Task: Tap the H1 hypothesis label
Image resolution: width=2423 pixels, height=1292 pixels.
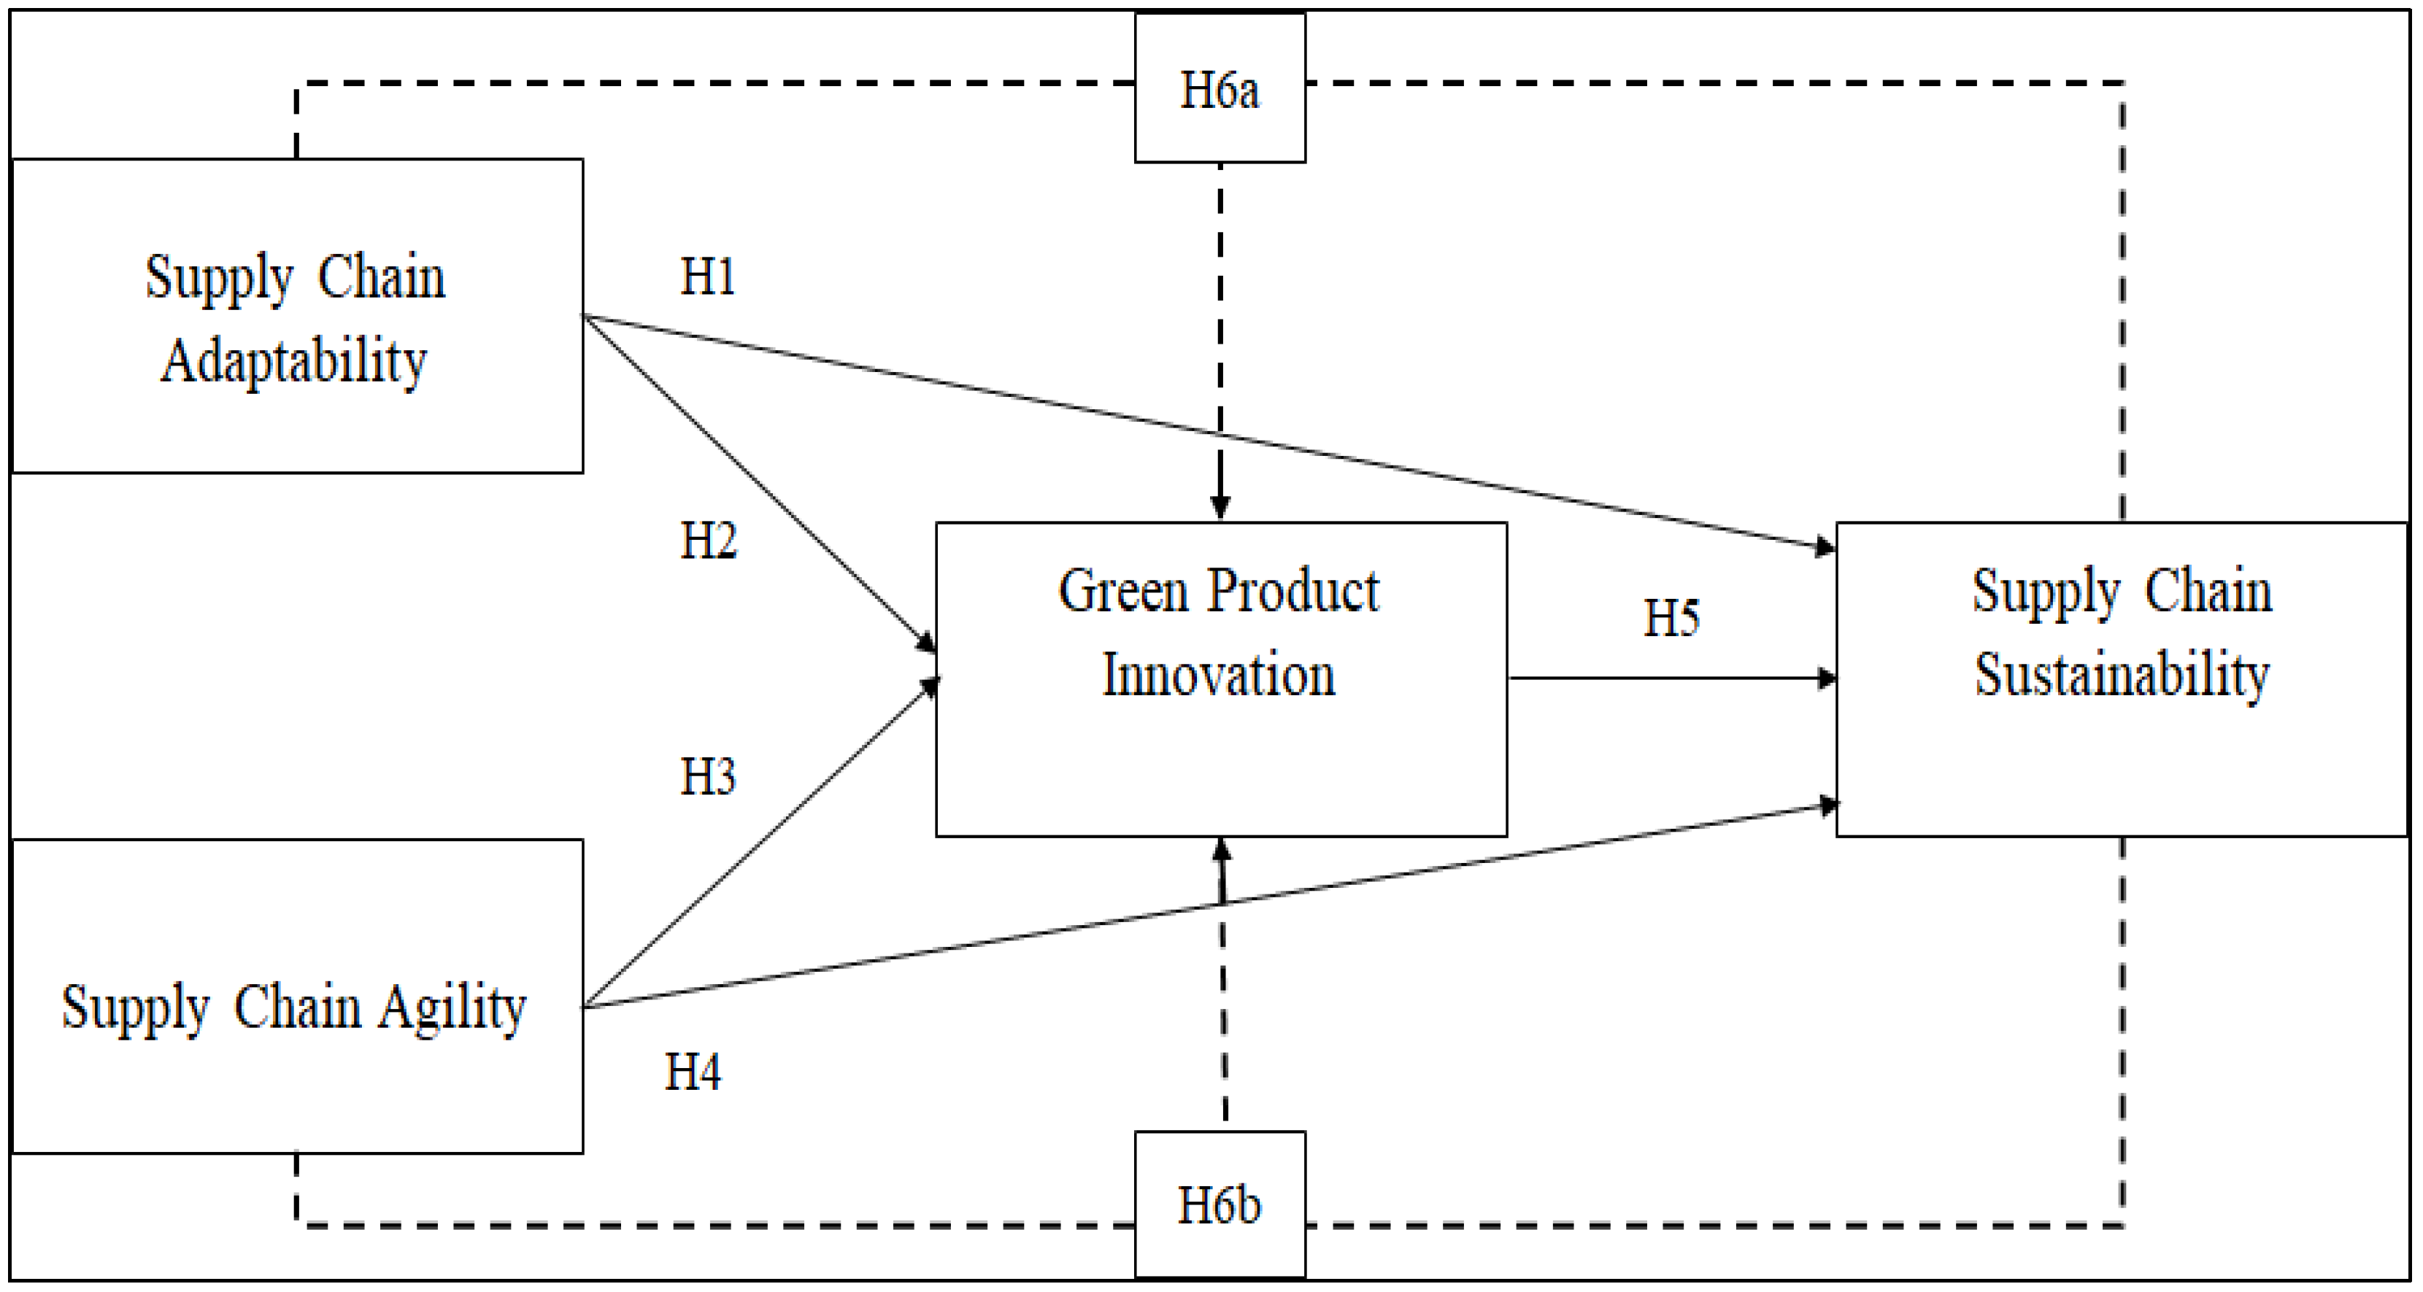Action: (x=707, y=276)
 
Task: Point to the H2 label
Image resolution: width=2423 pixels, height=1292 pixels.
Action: (x=708, y=541)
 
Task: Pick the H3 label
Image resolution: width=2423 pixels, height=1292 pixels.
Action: (x=707, y=777)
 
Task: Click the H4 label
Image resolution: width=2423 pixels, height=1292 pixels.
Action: (x=693, y=1072)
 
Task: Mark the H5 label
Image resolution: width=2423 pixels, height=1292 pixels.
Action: (x=1671, y=618)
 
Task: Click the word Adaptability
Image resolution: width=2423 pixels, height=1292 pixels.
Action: (x=293, y=361)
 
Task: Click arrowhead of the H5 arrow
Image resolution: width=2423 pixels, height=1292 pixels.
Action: (x=1827, y=678)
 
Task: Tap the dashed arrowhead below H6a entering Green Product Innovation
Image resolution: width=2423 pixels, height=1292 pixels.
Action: (x=1220, y=508)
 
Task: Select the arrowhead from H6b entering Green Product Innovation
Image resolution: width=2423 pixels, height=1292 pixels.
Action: (x=1222, y=850)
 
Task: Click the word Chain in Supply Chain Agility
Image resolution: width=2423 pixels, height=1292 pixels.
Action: (x=296, y=1008)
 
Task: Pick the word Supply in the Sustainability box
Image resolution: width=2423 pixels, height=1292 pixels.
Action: (x=2046, y=592)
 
